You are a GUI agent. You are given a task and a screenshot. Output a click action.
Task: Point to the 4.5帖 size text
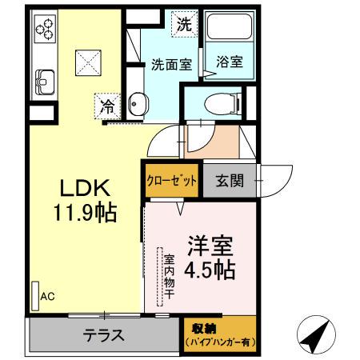(x=210, y=270)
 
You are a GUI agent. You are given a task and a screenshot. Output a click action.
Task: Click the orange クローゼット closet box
(x=170, y=180)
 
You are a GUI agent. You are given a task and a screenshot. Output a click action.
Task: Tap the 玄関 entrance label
(x=229, y=181)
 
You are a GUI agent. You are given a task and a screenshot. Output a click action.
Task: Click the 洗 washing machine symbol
(x=184, y=24)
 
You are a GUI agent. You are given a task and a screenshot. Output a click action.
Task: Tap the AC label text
(x=47, y=298)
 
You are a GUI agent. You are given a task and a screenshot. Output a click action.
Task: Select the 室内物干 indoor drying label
(x=170, y=276)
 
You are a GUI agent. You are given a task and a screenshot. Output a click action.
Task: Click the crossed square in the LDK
(x=86, y=60)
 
